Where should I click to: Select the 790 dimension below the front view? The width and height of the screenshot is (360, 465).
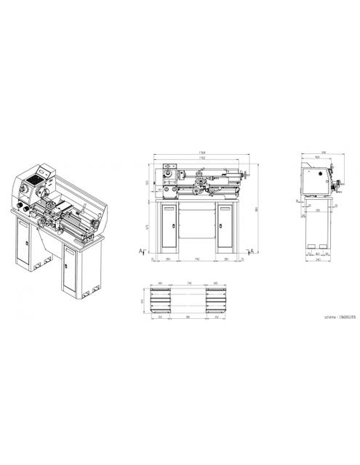pyautogui.click(x=196, y=259)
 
